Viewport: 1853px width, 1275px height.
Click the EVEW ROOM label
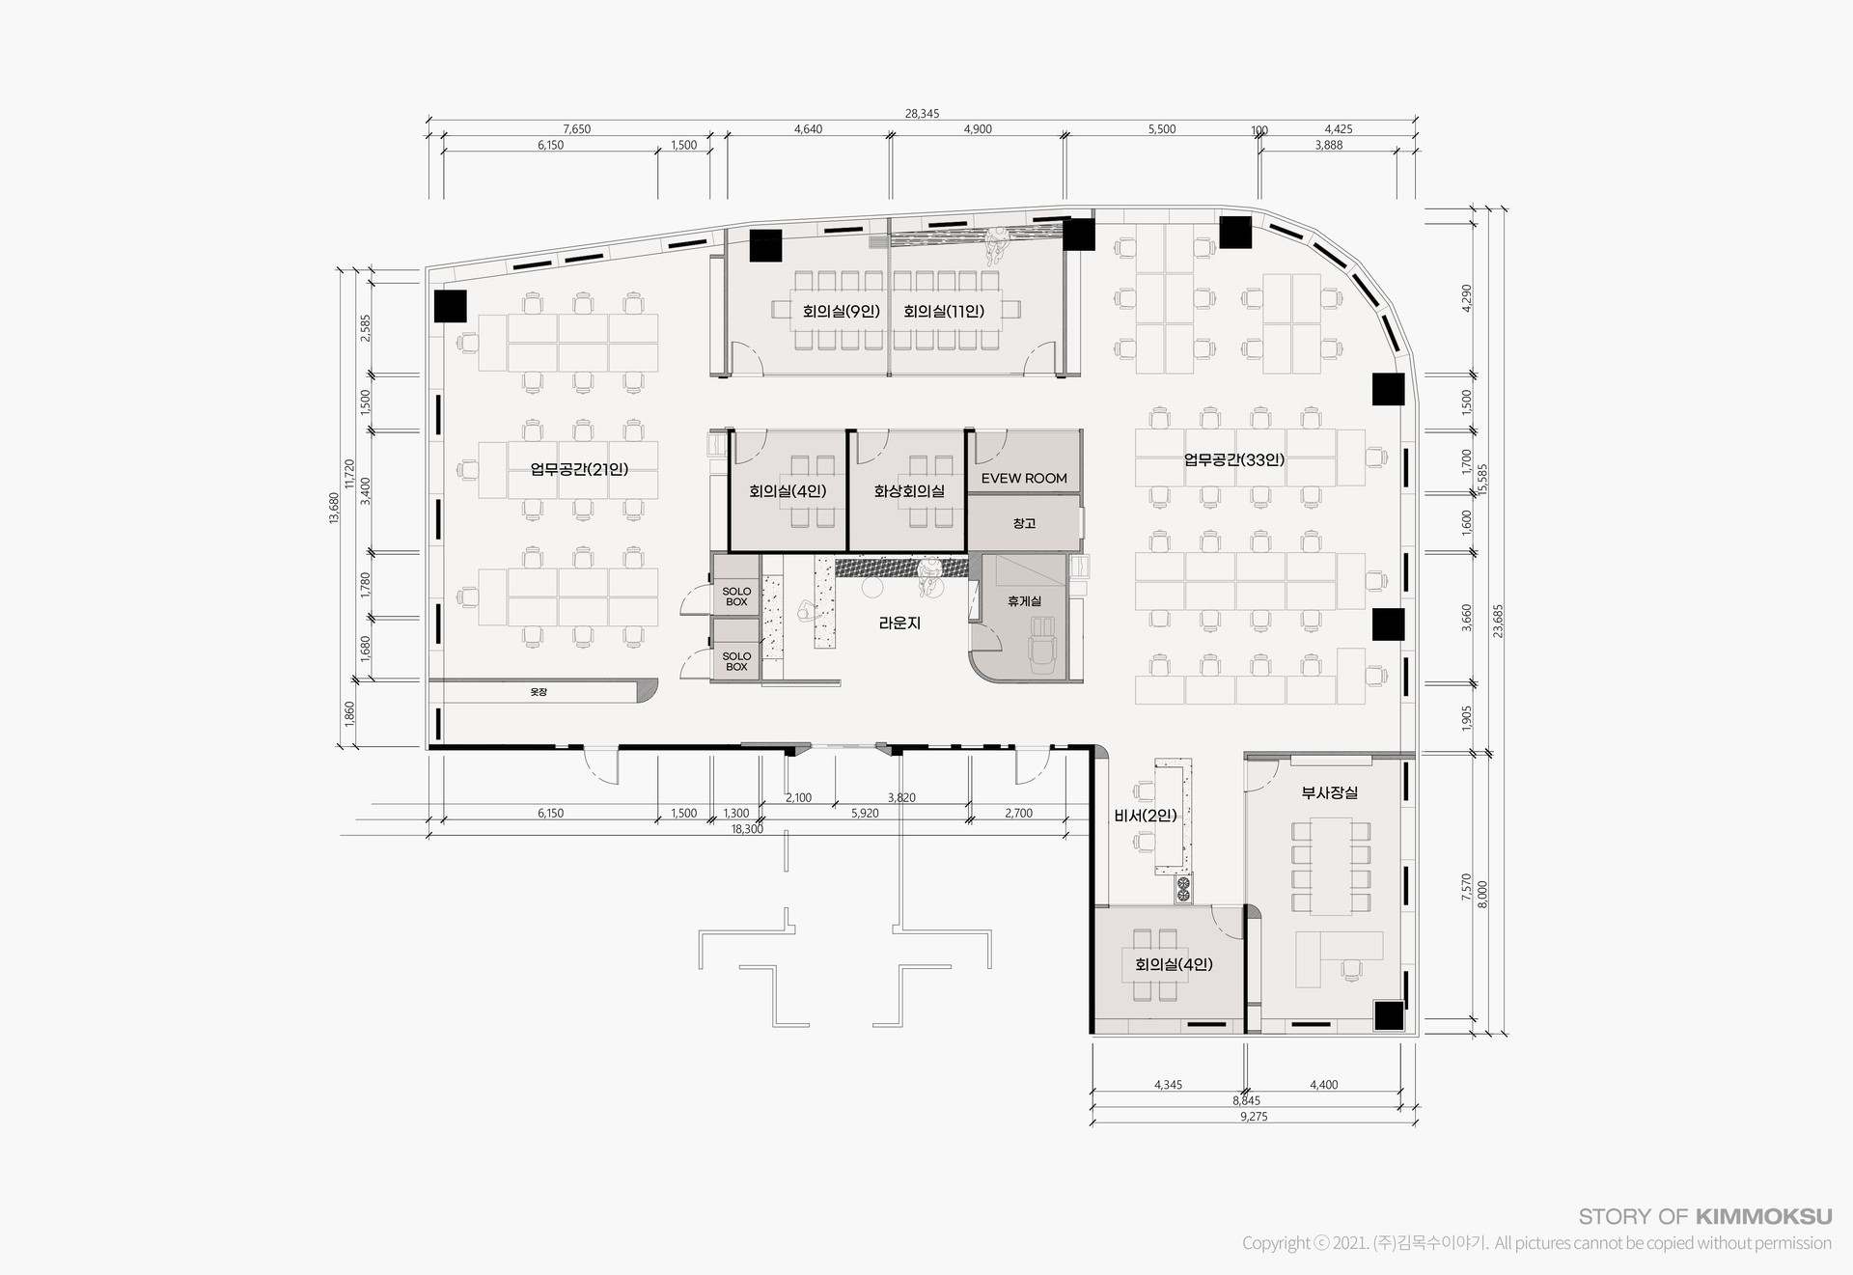pos(1024,478)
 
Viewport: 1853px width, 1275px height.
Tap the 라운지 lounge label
pos(899,624)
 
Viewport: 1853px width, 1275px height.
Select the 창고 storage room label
pos(1024,523)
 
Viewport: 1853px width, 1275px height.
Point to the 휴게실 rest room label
pos(1024,601)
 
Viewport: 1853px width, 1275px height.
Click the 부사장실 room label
pos(1330,792)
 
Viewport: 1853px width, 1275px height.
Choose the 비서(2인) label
pos(1146,816)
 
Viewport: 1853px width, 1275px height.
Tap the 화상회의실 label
pos(909,491)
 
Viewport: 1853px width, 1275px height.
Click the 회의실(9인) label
pos(841,311)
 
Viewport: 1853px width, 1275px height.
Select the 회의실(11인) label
pos(944,311)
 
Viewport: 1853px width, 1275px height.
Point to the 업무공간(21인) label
pos(579,469)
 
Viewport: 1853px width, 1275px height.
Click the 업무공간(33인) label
pos(1234,459)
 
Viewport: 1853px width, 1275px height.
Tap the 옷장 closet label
pos(539,692)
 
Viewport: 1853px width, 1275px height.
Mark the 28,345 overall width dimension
pos(922,114)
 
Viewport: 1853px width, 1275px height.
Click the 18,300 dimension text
pos(747,829)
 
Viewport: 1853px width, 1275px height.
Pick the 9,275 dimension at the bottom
pos(1254,1117)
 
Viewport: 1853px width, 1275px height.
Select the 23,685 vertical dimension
pos(1498,622)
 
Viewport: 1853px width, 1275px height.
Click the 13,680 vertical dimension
pos(334,508)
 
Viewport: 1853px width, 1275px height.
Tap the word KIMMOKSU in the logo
pos(1763,1217)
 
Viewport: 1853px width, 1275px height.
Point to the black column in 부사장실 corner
pos(1388,1016)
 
